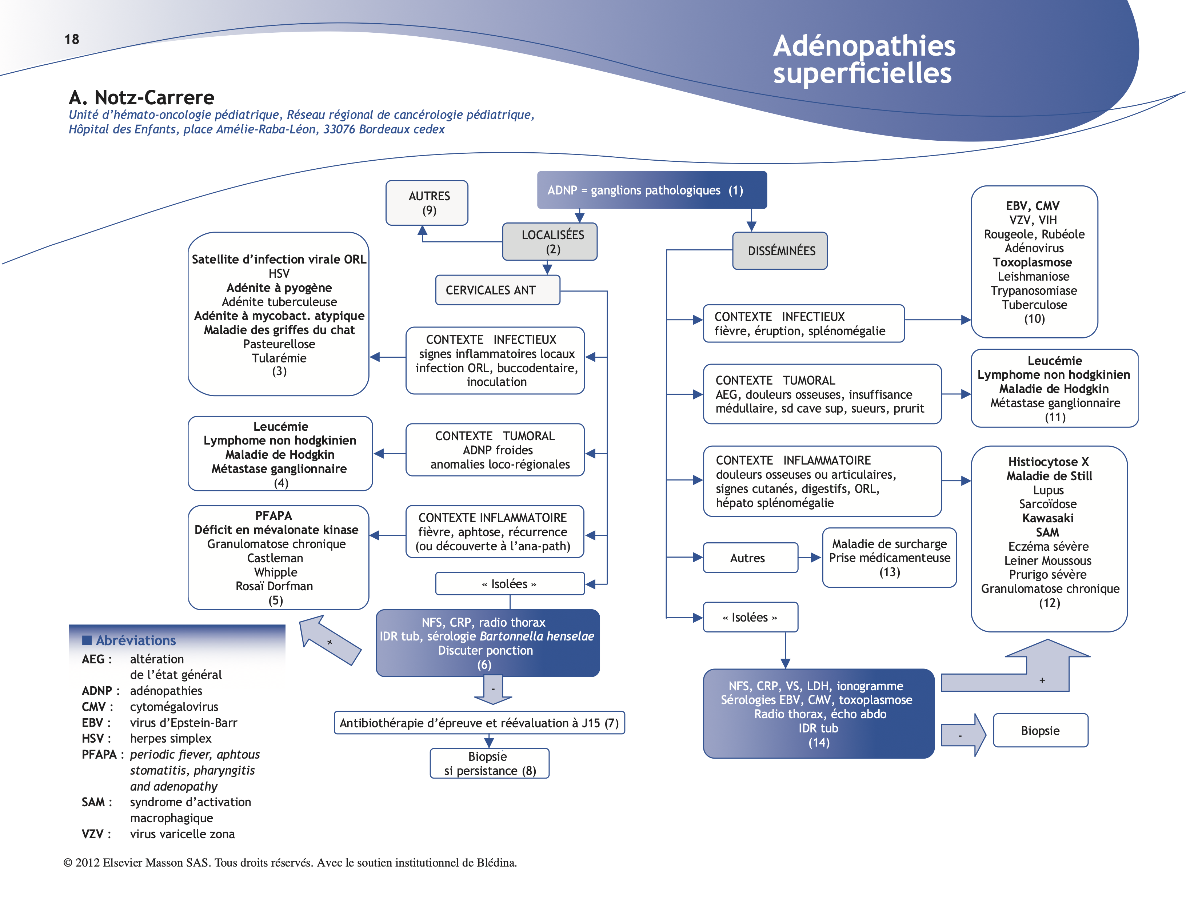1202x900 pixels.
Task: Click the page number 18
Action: [x=71, y=39]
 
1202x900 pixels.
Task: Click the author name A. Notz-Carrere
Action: [x=141, y=97]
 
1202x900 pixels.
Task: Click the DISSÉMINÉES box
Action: [x=781, y=251]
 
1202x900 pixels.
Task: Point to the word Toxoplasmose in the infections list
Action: [x=1032, y=262]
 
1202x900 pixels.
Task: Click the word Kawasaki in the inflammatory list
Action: [x=1047, y=518]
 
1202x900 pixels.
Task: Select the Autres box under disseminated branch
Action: [x=749, y=558]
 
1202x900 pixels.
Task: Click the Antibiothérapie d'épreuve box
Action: [x=479, y=723]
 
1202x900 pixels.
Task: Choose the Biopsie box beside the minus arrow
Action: [x=1039, y=731]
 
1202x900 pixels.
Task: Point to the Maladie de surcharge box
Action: [x=889, y=557]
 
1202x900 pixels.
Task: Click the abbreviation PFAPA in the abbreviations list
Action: [x=99, y=755]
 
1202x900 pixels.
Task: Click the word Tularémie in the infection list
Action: [x=279, y=358]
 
